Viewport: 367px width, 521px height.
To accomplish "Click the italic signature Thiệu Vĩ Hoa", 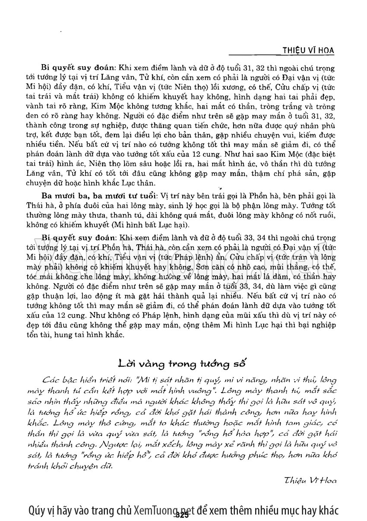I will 310,479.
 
